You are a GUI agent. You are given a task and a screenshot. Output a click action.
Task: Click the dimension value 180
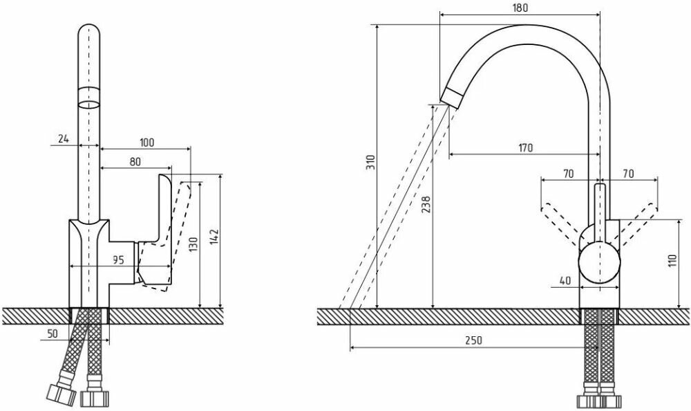pos(520,8)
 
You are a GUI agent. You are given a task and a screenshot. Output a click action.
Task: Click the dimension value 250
pos(473,340)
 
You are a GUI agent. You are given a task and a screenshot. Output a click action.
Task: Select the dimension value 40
pos(565,280)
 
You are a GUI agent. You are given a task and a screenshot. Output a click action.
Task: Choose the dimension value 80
pos(135,161)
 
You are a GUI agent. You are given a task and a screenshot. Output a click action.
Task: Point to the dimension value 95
pos(117,260)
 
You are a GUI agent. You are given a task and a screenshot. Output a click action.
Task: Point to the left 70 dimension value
pos(568,174)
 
